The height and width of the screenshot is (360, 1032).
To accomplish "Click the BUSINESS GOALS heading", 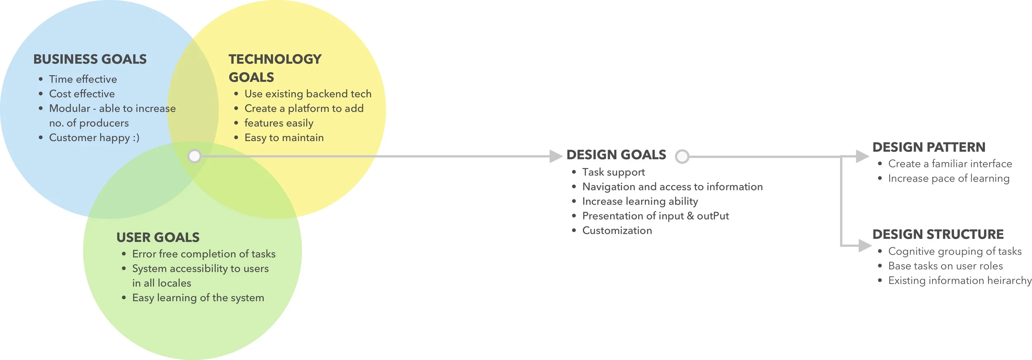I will (x=90, y=59).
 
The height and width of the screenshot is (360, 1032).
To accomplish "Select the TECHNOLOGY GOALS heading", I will (x=275, y=68).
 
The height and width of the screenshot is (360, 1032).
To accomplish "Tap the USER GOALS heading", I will (x=158, y=237).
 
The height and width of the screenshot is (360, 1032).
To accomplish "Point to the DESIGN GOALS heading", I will (x=616, y=155).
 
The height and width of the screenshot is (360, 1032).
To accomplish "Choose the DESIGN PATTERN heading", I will (x=929, y=147).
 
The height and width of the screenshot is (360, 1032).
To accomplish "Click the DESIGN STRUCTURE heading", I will (x=938, y=234).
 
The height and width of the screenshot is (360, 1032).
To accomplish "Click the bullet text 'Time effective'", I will (x=83, y=79).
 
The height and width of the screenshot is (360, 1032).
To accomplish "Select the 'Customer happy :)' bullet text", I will (x=94, y=137).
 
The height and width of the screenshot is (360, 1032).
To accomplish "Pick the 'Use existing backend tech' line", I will (x=308, y=94).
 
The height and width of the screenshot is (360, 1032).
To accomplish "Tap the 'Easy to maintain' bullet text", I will (x=284, y=138).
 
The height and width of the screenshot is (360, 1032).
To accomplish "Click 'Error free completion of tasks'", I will (x=204, y=254).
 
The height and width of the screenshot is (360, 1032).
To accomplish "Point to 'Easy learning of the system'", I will (x=198, y=298).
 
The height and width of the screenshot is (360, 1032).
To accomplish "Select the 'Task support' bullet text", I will (x=613, y=172).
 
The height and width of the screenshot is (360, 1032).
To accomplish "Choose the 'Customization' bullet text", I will (x=617, y=231).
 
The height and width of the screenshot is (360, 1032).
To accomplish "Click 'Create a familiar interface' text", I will (x=950, y=164).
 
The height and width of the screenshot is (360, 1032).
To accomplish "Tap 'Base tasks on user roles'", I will (x=945, y=266).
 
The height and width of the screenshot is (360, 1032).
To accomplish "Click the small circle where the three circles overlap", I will (x=194, y=156).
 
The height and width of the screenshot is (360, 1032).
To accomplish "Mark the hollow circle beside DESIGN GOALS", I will (x=682, y=156).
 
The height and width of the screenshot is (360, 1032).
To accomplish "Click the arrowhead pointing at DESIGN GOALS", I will (x=556, y=156).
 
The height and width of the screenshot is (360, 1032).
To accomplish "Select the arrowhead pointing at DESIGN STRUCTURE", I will (x=864, y=246).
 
